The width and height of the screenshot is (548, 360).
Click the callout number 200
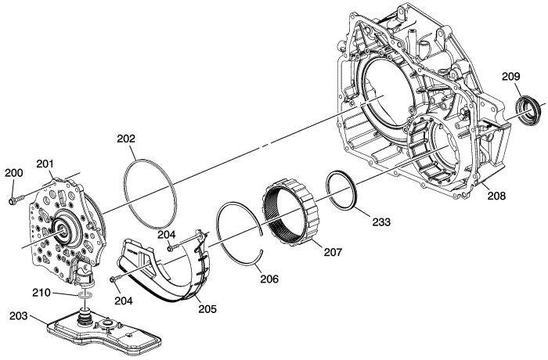(14, 173)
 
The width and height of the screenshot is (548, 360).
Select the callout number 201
(45, 164)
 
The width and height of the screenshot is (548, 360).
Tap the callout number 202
(126, 139)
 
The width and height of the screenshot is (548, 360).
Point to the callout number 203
(19, 315)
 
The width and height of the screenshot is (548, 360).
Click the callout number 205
(207, 308)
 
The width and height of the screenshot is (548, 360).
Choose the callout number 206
(269, 279)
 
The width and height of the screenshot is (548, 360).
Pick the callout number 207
(333, 252)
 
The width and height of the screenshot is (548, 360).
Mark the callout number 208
(496, 196)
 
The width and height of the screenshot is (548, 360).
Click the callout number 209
(511, 76)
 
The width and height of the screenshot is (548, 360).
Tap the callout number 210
(41, 292)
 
